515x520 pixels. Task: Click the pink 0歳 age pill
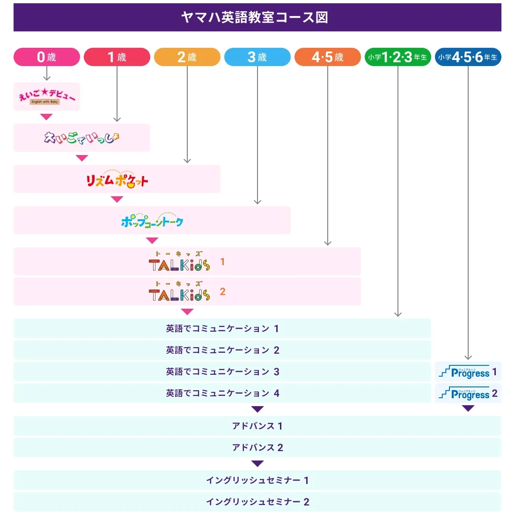click(47, 57)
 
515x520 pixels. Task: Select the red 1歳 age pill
click(117, 57)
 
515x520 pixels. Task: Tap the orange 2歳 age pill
click(187, 57)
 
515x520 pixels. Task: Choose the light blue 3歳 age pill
click(257, 57)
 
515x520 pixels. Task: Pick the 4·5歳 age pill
click(328, 57)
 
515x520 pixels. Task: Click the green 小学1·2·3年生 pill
click(398, 57)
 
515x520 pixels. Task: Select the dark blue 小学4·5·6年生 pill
click(468, 57)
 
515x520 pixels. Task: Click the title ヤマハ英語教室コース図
click(255, 17)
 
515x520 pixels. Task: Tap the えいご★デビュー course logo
click(47, 97)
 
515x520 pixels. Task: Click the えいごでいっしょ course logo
click(82, 137)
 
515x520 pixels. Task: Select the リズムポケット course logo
click(117, 179)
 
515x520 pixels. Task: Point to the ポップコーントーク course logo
click(152, 220)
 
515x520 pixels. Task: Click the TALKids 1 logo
click(180, 262)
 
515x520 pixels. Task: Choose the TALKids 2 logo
click(180, 291)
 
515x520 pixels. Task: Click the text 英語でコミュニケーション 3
click(222, 371)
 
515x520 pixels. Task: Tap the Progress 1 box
click(468, 372)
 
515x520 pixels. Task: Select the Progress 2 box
click(468, 394)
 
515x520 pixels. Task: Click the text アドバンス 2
click(257, 447)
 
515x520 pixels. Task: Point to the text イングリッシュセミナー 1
click(257, 480)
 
